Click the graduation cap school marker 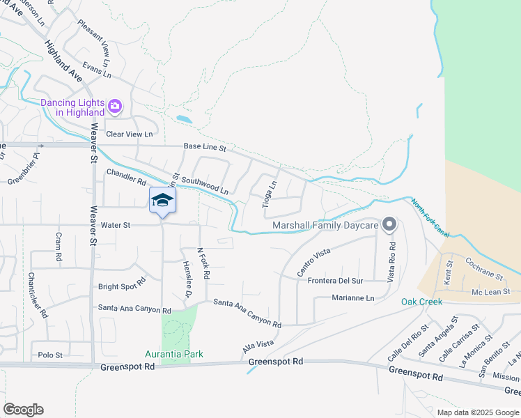163,201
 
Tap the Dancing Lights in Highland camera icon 115,107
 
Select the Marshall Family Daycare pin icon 389,225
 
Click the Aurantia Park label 174,354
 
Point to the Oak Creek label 421,302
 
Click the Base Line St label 205,148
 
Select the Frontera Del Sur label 336,281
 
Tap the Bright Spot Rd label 122,285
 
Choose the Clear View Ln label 129,134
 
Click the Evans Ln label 97,69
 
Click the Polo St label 50,355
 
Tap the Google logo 23,410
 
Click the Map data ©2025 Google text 478,412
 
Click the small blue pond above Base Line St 183,119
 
